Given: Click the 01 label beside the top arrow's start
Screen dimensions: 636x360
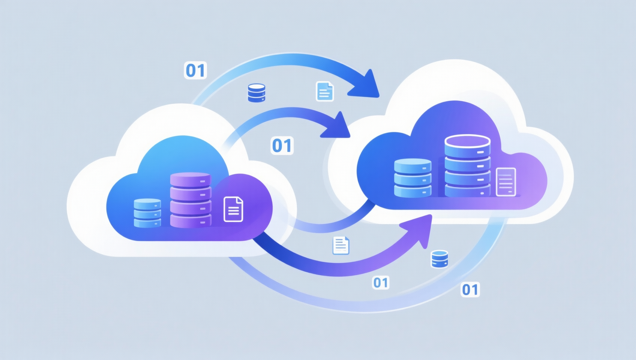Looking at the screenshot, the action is [195, 70].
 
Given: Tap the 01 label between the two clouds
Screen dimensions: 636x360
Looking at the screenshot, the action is [282, 145].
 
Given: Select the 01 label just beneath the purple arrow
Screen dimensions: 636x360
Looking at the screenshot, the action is [381, 283].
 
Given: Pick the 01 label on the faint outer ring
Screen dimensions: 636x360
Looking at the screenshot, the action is [470, 290].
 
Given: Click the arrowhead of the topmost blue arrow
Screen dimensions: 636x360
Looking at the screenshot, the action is [365, 85].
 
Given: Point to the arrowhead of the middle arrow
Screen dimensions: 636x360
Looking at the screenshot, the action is [336, 126].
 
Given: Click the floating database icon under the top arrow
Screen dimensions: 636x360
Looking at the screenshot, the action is [256, 93].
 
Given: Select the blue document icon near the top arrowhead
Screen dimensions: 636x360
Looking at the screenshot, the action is [325, 91].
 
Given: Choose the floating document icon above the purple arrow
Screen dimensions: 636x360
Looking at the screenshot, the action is [341, 246].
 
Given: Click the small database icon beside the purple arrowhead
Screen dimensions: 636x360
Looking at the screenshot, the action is [439, 259].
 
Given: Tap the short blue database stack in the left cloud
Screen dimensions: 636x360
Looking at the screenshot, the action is [147, 213].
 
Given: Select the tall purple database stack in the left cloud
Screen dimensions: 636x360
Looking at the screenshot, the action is [190, 200].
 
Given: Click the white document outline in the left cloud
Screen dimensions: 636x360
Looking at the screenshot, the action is [233, 209].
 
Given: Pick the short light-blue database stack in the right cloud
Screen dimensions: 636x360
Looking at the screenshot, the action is [413, 178].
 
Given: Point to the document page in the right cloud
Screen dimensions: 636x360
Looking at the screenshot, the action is [506, 182].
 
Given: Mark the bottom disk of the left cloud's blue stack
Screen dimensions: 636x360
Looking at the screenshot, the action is [147, 223].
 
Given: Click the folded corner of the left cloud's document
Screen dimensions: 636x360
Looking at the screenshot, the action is [240, 200].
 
